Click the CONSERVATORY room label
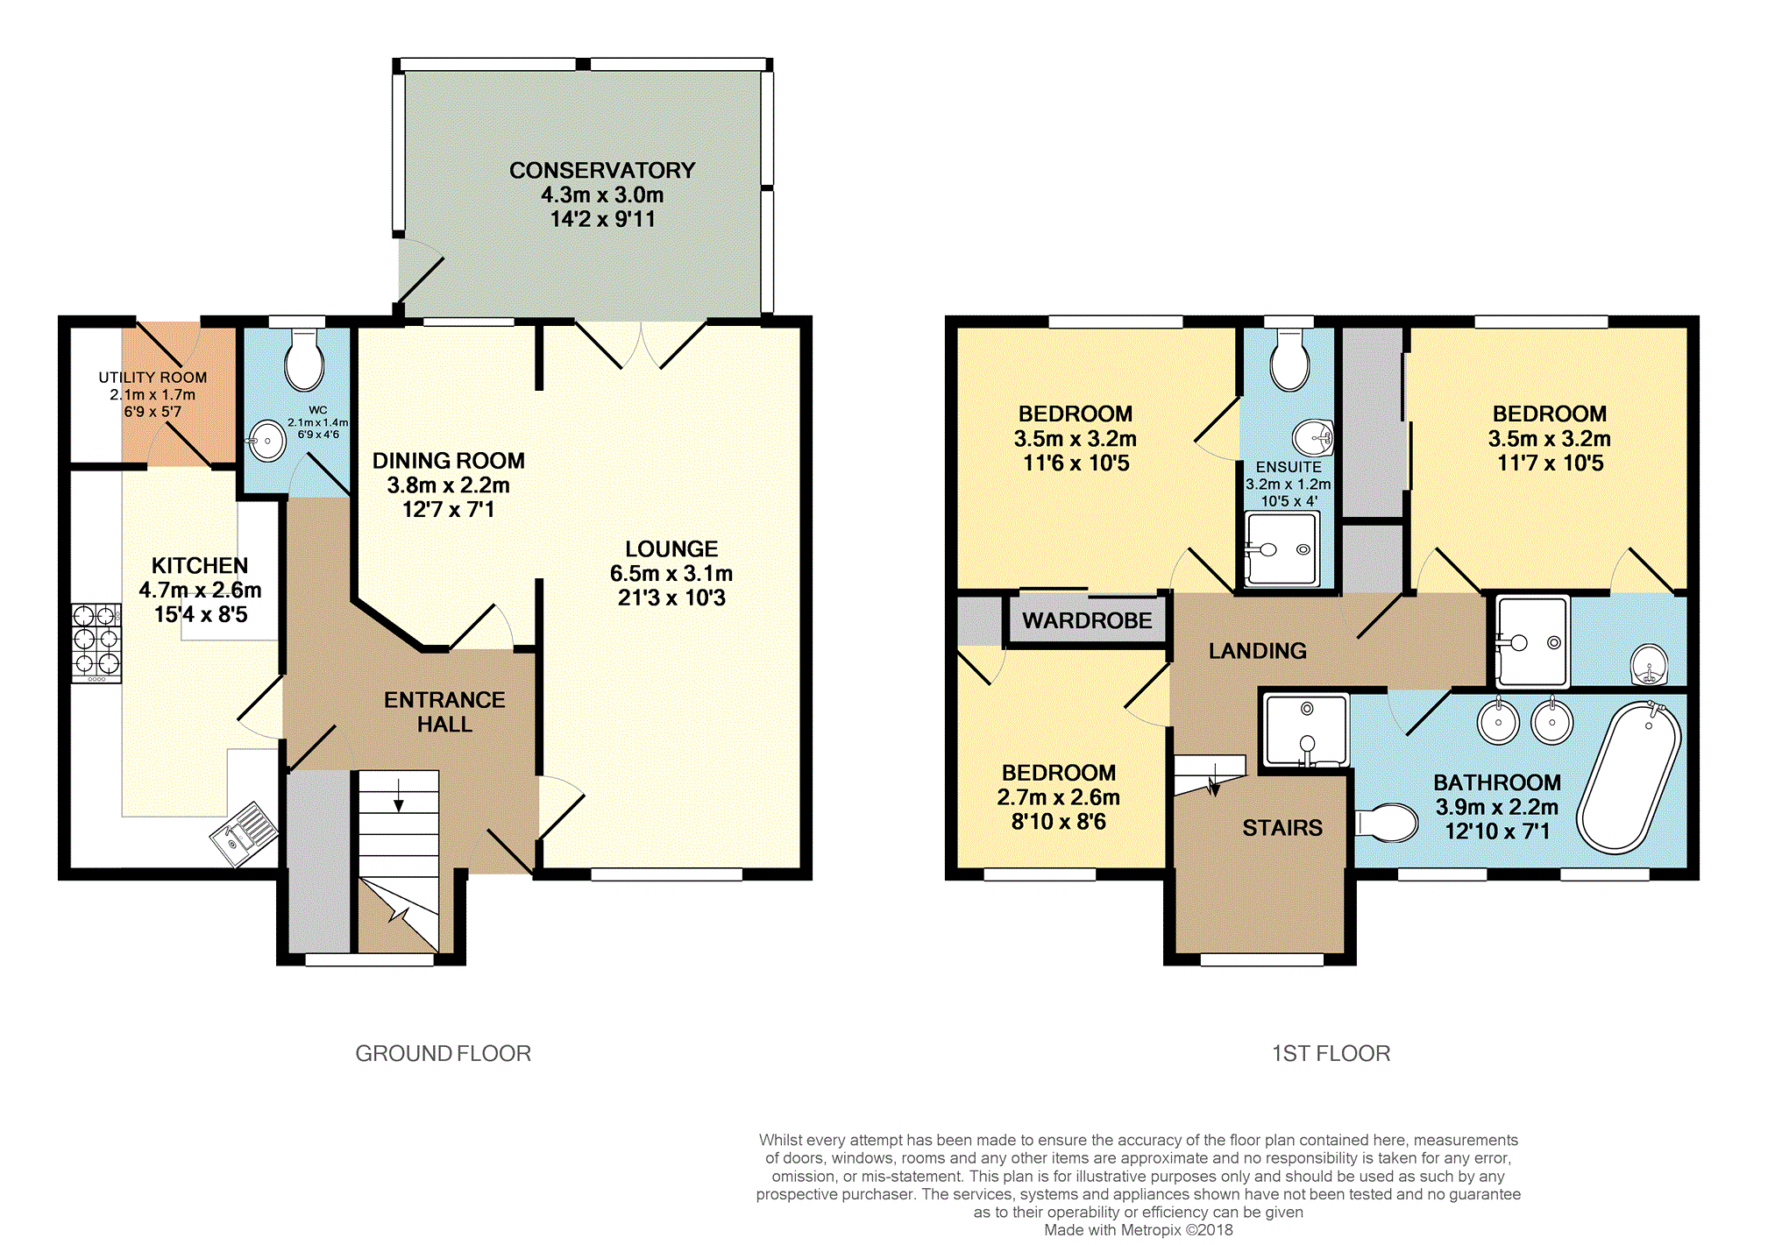click(x=602, y=170)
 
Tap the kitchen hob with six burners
click(x=96, y=643)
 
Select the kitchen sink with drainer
click(x=245, y=833)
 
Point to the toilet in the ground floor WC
click(x=304, y=360)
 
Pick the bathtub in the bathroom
click(x=1629, y=777)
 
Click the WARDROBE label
click(x=1087, y=620)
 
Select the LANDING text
click(x=1257, y=650)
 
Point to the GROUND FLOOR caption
click(x=444, y=1053)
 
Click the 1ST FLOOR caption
click(x=1331, y=1053)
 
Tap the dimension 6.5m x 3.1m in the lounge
click(x=671, y=574)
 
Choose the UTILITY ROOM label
click(x=153, y=378)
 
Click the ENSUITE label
click(x=1289, y=467)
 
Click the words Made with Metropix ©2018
click(x=1138, y=1230)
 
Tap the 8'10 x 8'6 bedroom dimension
click(x=1058, y=822)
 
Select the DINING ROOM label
click(x=449, y=461)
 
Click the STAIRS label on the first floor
click(x=1282, y=828)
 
